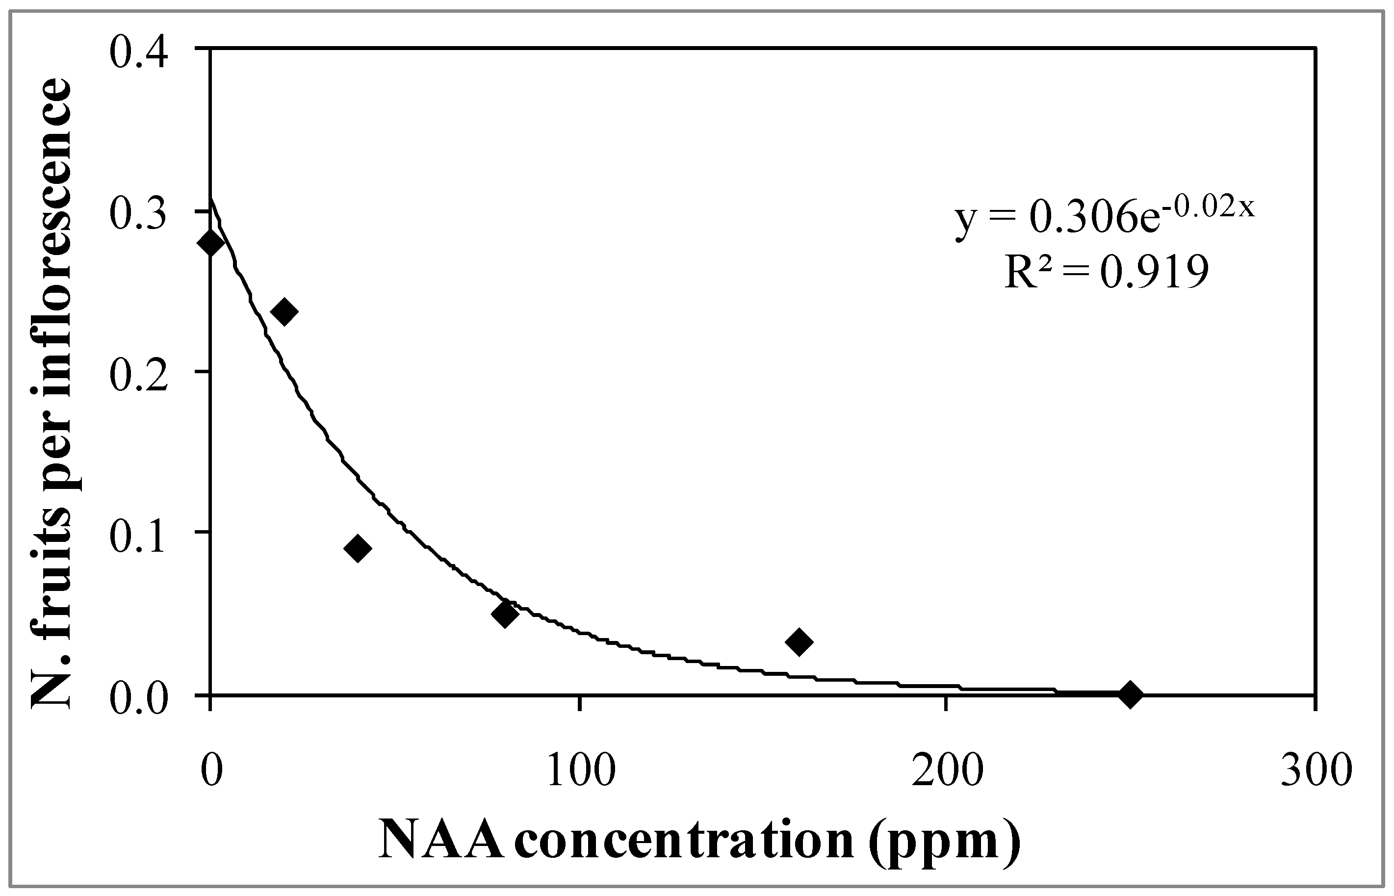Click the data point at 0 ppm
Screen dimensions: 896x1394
(x=210, y=242)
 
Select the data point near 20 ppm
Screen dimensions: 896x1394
(x=284, y=311)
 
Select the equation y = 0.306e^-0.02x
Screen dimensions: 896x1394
(x=1104, y=219)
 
